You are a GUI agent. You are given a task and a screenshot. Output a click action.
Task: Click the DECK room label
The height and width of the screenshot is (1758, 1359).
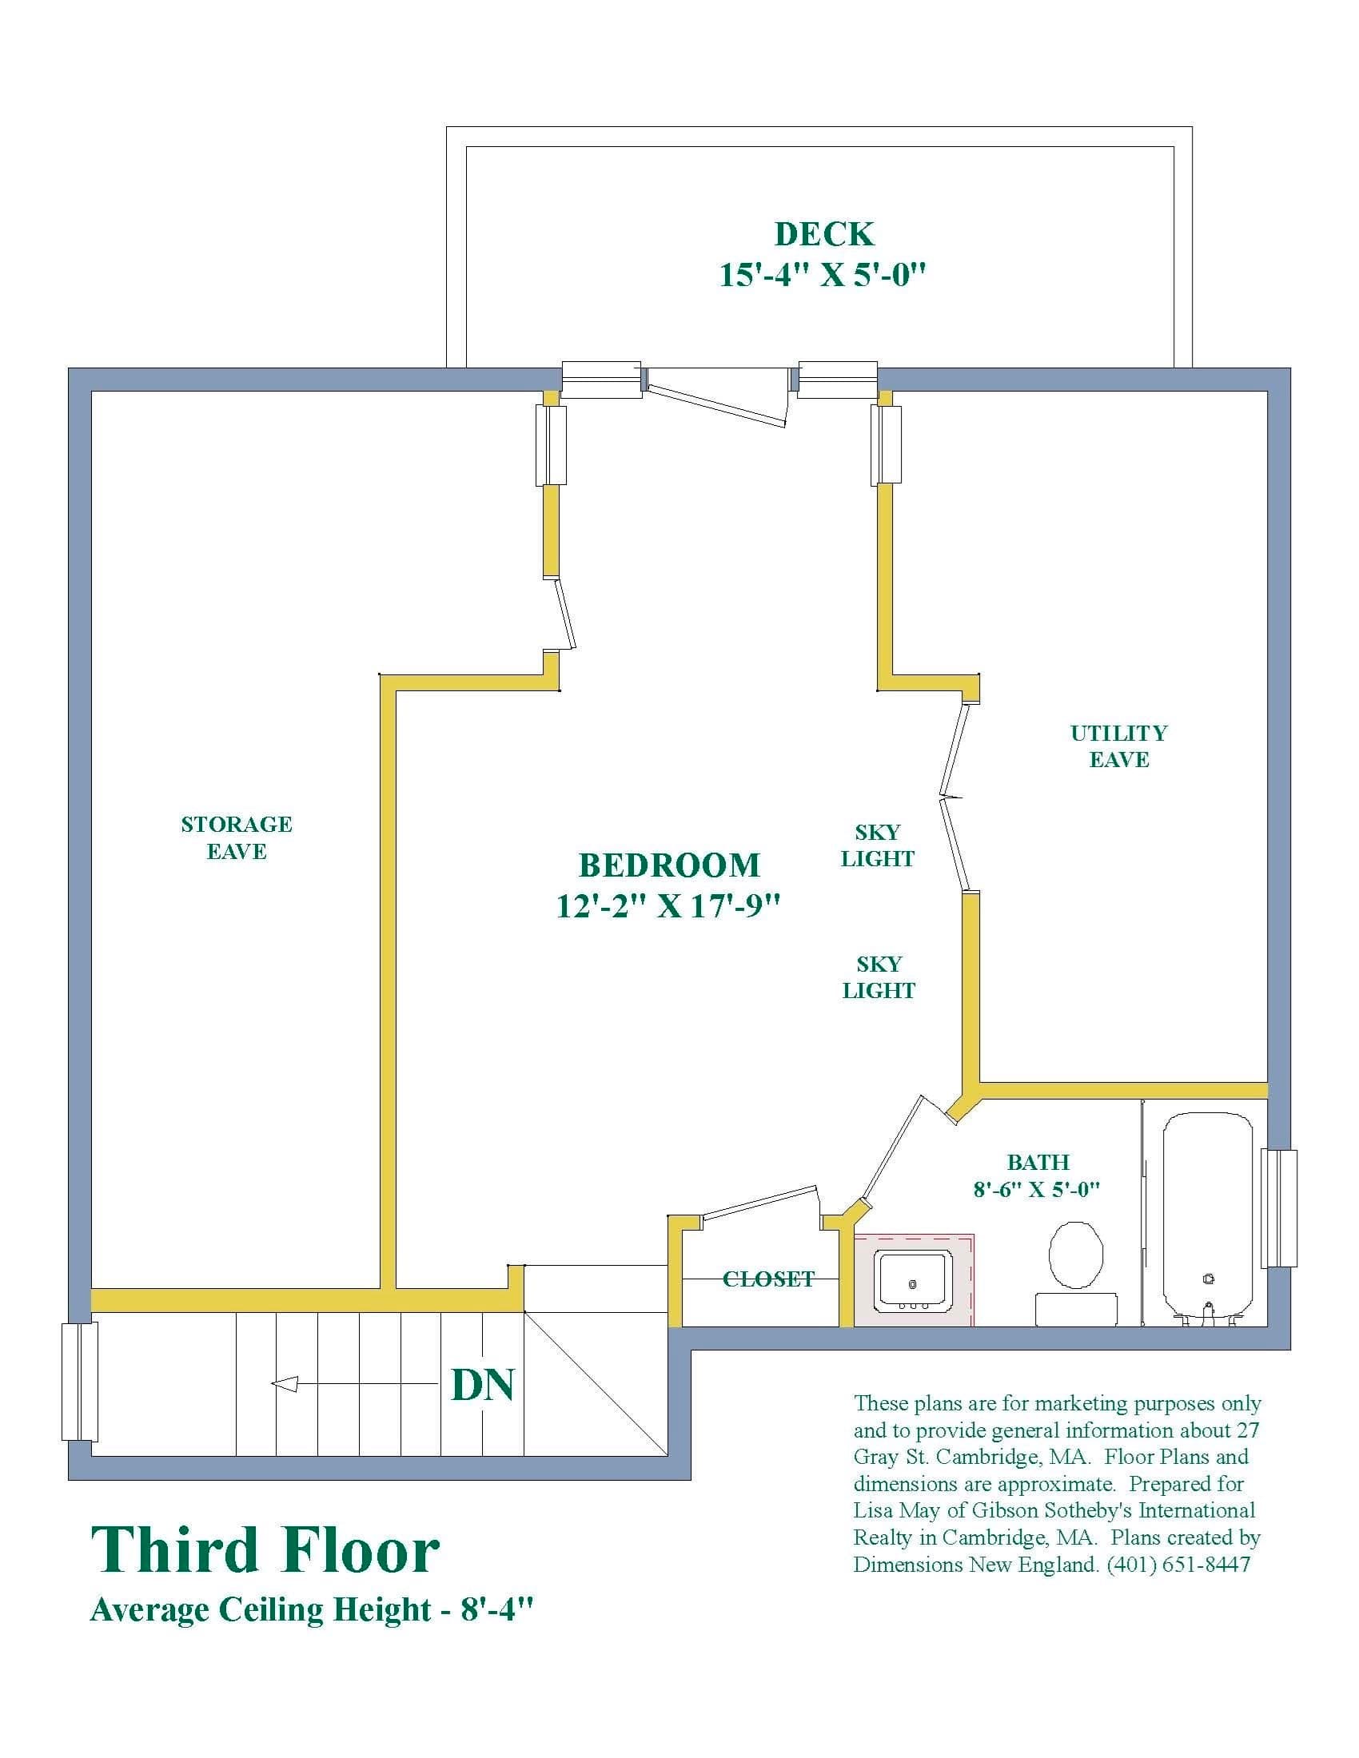[x=823, y=234]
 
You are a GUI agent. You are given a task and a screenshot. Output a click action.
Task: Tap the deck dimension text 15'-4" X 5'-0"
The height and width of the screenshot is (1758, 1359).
[x=822, y=276]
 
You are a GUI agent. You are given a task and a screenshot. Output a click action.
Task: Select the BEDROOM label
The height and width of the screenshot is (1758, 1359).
[x=669, y=865]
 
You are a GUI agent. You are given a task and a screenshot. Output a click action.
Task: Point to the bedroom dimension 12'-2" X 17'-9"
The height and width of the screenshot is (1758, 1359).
[x=668, y=906]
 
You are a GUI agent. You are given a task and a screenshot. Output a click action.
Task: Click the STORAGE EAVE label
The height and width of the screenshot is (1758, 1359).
[x=236, y=838]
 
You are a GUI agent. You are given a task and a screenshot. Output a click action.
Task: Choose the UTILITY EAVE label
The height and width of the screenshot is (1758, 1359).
[x=1118, y=746]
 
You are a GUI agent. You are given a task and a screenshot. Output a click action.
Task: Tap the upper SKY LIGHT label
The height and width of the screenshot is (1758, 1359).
[x=878, y=845]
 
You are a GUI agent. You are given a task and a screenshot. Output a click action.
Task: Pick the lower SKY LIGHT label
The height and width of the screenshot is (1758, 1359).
[x=879, y=977]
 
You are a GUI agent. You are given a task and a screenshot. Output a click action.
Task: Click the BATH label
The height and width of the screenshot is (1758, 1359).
[x=1038, y=1163]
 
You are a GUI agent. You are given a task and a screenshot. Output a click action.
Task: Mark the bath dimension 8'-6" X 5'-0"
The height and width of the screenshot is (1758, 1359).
[x=1036, y=1189]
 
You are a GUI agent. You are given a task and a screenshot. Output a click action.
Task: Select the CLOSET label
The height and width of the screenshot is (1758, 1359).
[x=768, y=1279]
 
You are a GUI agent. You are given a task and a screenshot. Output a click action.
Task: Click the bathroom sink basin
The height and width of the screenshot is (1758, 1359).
[x=913, y=1279]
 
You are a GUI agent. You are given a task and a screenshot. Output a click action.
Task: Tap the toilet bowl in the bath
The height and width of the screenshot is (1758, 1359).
[x=1075, y=1255]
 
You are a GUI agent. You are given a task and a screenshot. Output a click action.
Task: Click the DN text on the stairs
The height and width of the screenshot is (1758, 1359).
[x=482, y=1385]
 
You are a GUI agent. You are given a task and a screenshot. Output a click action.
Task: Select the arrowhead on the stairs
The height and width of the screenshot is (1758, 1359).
[x=285, y=1385]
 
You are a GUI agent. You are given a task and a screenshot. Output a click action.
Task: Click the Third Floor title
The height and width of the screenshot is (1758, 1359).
[x=265, y=1551]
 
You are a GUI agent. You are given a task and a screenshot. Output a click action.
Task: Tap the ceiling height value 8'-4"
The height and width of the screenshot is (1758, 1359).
[x=496, y=1609]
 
